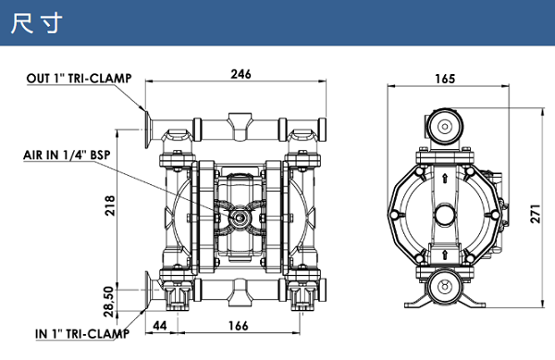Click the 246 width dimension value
pos(240,74)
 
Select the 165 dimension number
pos(445,79)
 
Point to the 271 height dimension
pos(536,214)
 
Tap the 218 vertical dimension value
pos(110,205)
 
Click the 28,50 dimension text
pos(109,302)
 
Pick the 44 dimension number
pos(159,326)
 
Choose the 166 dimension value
pos(239,326)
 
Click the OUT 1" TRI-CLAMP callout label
pos(79,79)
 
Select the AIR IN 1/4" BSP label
pos(67,155)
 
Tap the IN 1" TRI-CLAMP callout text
pos(82,333)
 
